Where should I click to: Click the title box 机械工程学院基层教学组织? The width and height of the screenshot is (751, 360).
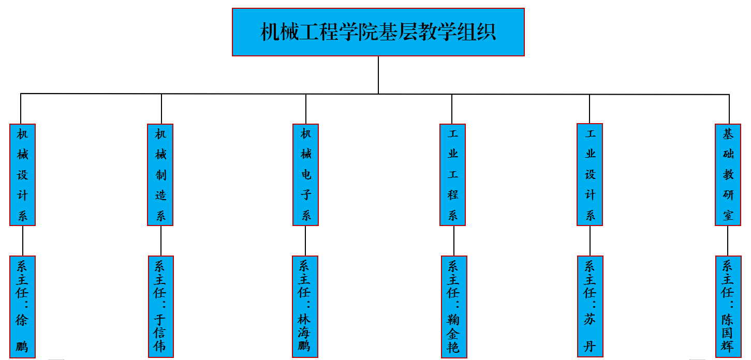378,32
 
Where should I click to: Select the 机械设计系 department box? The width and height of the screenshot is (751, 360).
23,175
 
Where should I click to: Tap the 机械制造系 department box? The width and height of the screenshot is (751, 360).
160,175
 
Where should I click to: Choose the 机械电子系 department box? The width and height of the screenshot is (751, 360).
306,175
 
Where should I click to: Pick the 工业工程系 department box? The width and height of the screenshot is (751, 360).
453,175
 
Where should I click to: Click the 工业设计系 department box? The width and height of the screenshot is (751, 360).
590,175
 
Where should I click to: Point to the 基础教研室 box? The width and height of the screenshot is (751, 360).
728,175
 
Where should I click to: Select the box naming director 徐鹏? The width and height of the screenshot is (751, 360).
23,306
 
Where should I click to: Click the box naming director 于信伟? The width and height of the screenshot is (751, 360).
160,306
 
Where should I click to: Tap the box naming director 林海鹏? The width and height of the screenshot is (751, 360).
305,306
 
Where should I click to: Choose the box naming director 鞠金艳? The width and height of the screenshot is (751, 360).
454,306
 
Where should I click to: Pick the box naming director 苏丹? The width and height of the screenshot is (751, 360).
591,306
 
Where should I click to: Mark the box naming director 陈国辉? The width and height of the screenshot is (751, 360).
728,306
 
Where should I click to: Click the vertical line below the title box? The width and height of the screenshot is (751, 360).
378,74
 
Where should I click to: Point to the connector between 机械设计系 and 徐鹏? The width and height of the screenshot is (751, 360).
23,241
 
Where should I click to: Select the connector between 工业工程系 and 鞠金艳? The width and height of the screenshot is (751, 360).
454,241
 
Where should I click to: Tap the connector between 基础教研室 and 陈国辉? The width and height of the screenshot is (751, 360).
728,241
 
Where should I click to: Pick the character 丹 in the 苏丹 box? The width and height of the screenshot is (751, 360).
590,346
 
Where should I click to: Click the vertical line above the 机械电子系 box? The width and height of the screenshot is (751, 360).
306,109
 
